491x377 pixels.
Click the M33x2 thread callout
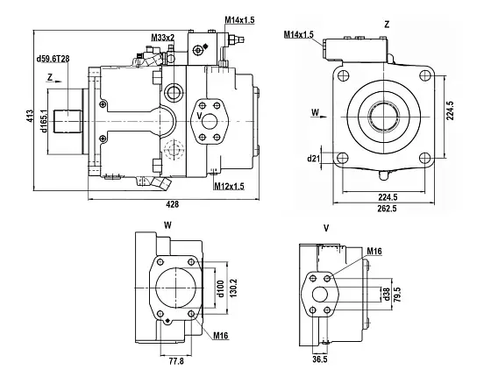point(162,38)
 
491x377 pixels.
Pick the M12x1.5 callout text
point(229,186)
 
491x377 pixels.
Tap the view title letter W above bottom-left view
point(167,224)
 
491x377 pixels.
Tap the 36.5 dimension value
point(319,359)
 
